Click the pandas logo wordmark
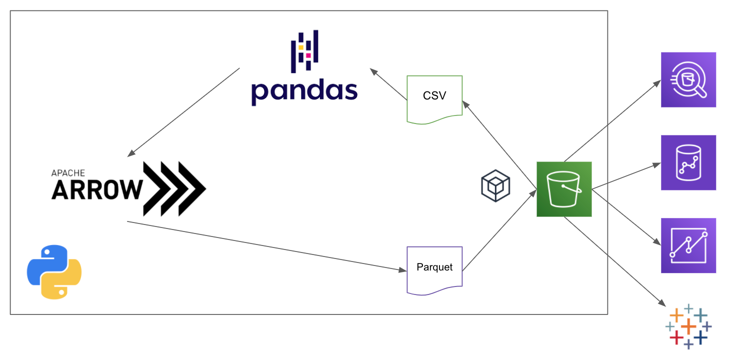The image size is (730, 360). (304, 91)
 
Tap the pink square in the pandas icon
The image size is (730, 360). (308, 55)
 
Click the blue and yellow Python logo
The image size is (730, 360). (54, 272)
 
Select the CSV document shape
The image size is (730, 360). (434, 99)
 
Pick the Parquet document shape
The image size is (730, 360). (434, 269)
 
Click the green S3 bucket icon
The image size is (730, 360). (564, 189)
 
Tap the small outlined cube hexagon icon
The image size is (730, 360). (495, 185)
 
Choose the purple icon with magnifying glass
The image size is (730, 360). (688, 79)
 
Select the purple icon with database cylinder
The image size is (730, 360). (688, 162)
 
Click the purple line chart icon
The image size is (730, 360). (688, 245)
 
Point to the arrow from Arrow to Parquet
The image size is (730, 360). (265, 245)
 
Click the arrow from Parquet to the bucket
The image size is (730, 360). (499, 230)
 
